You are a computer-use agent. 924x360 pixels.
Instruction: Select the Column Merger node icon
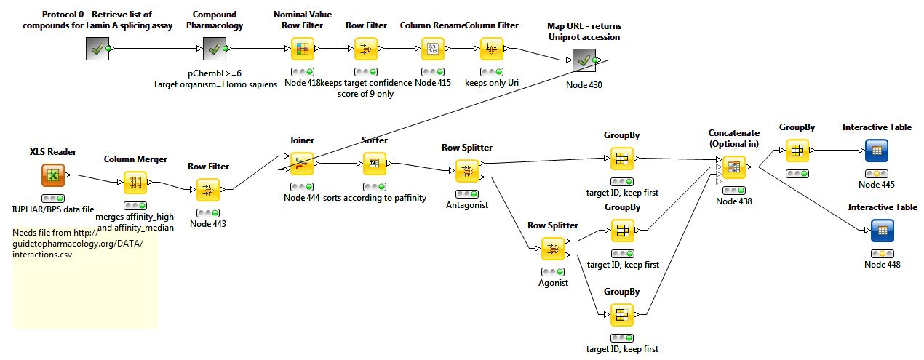click(135, 182)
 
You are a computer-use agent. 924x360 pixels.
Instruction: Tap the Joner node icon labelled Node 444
click(301, 163)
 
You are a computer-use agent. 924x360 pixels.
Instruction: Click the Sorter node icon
click(374, 163)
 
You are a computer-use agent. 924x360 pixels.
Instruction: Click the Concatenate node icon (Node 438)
click(733, 167)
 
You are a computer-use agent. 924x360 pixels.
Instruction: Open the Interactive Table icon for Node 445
click(877, 151)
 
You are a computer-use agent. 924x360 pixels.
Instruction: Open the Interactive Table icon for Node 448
click(882, 230)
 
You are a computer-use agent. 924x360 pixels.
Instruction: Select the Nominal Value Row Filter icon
click(301, 49)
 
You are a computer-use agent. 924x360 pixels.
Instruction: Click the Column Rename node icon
click(432, 49)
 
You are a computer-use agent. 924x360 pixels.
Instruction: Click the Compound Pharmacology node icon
click(214, 49)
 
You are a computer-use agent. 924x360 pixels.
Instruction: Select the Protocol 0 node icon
click(97, 49)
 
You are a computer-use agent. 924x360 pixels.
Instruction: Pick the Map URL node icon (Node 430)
click(584, 61)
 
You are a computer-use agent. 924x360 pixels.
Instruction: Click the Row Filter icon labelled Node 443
click(207, 190)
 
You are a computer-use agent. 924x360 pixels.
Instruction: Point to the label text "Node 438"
click(733, 201)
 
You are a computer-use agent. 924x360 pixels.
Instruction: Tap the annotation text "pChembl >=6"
click(214, 73)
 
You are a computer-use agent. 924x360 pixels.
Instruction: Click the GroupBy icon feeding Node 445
click(796, 151)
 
